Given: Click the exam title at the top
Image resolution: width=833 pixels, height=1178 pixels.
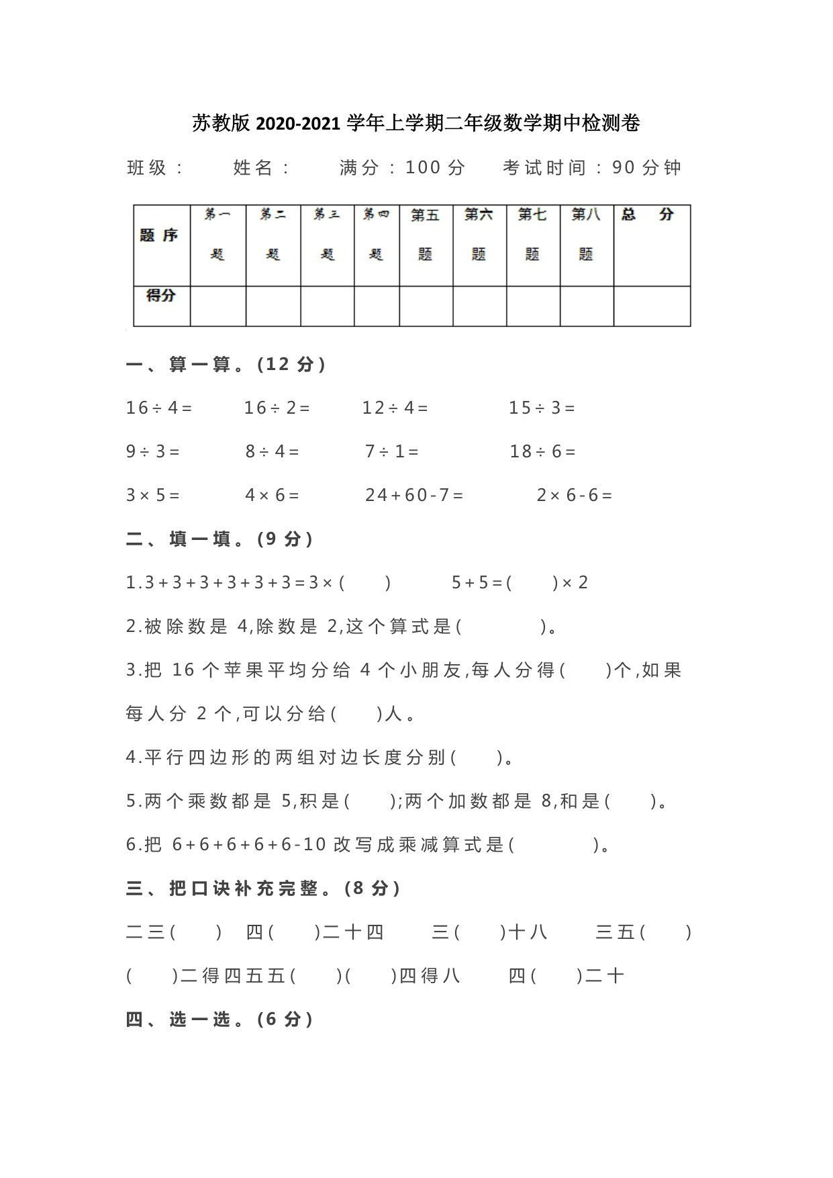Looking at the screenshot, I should (x=416, y=123).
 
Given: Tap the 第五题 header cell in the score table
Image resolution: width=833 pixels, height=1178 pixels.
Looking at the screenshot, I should (x=426, y=234).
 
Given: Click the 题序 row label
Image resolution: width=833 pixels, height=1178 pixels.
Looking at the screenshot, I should (x=159, y=235).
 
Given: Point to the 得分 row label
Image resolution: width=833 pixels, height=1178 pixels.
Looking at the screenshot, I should (x=161, y=295).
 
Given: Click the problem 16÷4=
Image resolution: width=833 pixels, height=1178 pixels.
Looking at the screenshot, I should (x=159, y=408).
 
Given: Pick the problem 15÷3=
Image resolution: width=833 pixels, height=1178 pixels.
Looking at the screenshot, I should (x=542, y=408).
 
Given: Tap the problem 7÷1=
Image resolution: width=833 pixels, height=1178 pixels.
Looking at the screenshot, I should (x=392, y=451).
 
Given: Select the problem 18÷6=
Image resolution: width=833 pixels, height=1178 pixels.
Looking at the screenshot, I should (x=542, y=451).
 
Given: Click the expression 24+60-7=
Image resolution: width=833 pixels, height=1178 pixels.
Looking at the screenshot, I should (x=414, y=495).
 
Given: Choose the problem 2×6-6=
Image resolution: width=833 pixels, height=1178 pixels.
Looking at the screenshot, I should (x=575, y=495).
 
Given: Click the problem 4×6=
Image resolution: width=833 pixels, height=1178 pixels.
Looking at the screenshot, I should (x=272, y=495).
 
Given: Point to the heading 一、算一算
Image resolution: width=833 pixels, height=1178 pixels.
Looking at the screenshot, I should (x=226, y=365).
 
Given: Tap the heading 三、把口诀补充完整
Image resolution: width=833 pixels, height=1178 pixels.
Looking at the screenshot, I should (x=263, y=889).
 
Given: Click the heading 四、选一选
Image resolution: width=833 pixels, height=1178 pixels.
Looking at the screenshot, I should (x=219, y=1020).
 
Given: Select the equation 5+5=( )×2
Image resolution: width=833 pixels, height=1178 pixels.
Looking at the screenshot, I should (x=520, y=582).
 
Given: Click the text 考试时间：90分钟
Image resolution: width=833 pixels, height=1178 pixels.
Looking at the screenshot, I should (x=592, y=168).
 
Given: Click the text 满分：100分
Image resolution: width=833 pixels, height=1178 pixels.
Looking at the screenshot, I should (x=402, y=168).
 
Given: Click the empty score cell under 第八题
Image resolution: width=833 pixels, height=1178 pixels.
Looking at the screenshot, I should (x=587, y=306).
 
